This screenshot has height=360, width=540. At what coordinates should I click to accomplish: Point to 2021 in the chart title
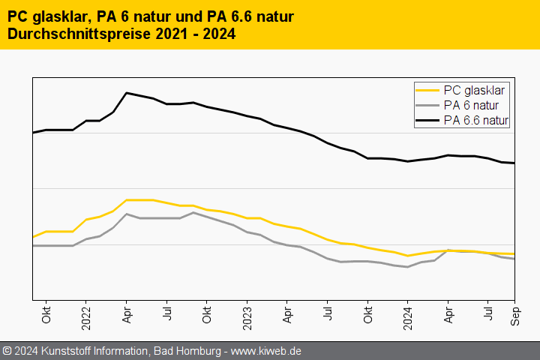[170, 34]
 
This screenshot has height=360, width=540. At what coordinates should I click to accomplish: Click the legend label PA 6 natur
[471, 105]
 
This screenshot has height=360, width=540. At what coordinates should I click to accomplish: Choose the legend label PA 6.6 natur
[476, 119]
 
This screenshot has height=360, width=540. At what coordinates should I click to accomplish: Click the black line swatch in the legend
[428, 119]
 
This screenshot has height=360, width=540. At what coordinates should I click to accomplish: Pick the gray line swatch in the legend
[428, 105]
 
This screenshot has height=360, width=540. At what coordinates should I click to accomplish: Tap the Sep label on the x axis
[515, 316]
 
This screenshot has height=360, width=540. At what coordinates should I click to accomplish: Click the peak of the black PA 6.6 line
[127, 93]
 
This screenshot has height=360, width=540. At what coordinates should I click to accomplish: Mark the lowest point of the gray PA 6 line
[407, 266]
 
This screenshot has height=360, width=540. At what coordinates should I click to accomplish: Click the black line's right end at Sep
[514, 163]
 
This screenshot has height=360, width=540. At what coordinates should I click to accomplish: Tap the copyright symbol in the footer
[7, 351]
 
